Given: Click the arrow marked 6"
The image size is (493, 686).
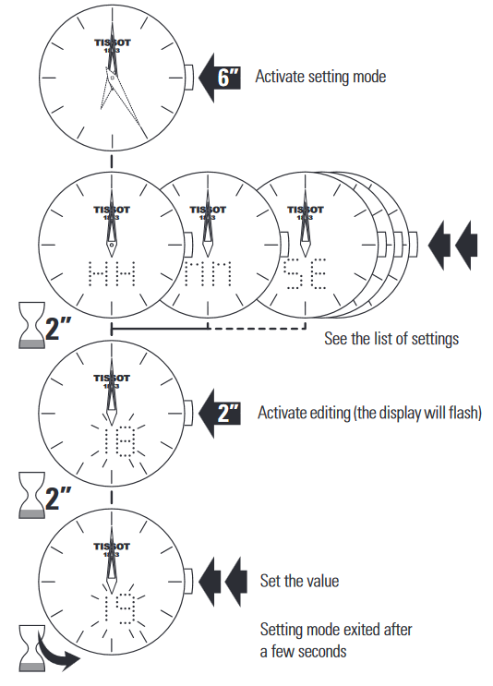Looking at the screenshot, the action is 220,78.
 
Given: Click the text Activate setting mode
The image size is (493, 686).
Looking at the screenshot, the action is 320,77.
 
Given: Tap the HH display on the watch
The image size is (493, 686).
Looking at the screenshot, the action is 112,274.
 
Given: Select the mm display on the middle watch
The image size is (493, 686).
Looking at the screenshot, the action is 208,274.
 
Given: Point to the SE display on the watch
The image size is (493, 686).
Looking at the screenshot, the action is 305,274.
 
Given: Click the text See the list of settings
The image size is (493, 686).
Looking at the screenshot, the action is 391,339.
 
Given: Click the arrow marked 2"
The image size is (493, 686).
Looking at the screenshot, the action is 220,413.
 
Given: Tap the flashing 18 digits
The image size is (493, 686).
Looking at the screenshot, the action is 119,441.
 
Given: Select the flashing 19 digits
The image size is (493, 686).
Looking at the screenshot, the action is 119,609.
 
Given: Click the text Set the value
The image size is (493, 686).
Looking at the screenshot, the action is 300,581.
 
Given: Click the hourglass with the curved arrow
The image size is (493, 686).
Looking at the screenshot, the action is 32,648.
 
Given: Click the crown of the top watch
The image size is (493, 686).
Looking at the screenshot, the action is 188,77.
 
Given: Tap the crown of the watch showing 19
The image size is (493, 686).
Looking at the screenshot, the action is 188,582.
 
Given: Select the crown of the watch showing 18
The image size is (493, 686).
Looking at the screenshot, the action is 188,413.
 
